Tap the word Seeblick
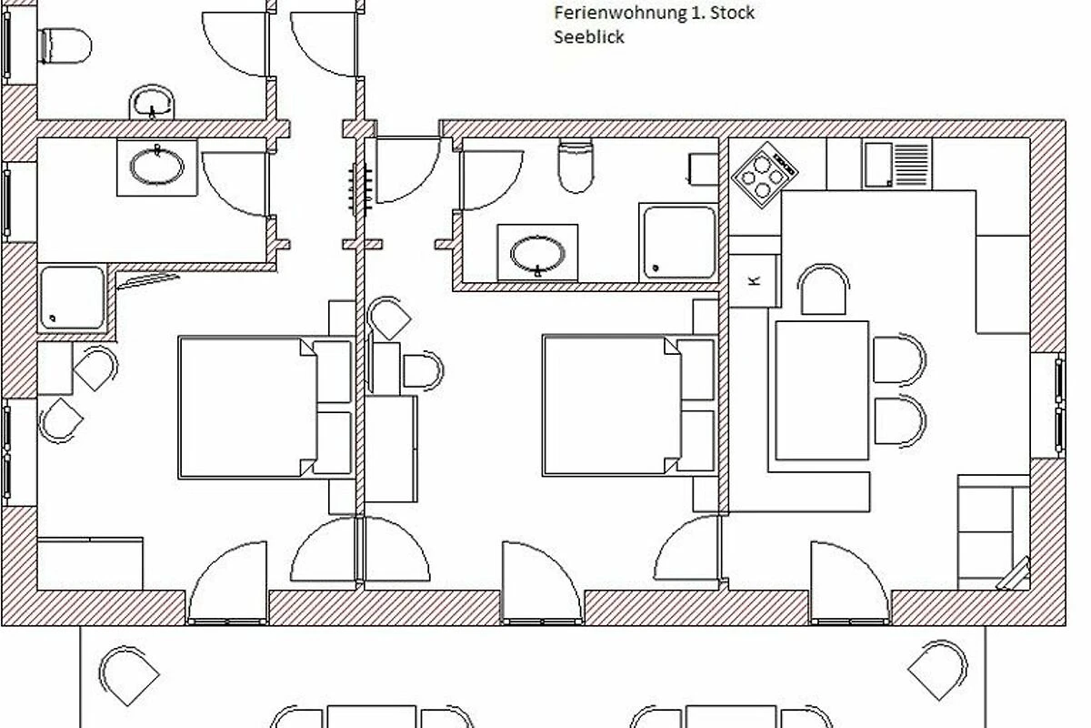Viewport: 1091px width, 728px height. point(589,37)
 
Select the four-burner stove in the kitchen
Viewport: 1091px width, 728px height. point(765,175)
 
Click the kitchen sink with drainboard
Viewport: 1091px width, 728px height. point(896,165)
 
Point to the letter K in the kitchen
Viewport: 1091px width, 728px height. point(754,280)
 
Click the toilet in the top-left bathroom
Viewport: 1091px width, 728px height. point(65,45)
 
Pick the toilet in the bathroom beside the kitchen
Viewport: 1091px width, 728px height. point(576,165)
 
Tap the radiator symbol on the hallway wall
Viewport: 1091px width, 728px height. point(360,188)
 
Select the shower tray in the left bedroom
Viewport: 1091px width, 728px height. point(72,298)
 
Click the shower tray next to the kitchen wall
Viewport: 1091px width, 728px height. point(679,242)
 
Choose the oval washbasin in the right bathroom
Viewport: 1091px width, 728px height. point(537,254)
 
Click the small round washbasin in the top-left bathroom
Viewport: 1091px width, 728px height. point(152,103)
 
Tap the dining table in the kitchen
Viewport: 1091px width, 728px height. point(822,390)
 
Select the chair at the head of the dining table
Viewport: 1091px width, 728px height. point(823,289)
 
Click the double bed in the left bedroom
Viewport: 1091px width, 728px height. point(265,407)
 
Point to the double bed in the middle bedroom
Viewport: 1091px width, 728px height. point(629,405)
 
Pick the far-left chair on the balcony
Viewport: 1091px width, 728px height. point(128,675)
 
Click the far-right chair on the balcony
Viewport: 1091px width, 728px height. point(937,671)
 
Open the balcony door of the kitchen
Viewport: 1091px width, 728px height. point(850,582)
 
